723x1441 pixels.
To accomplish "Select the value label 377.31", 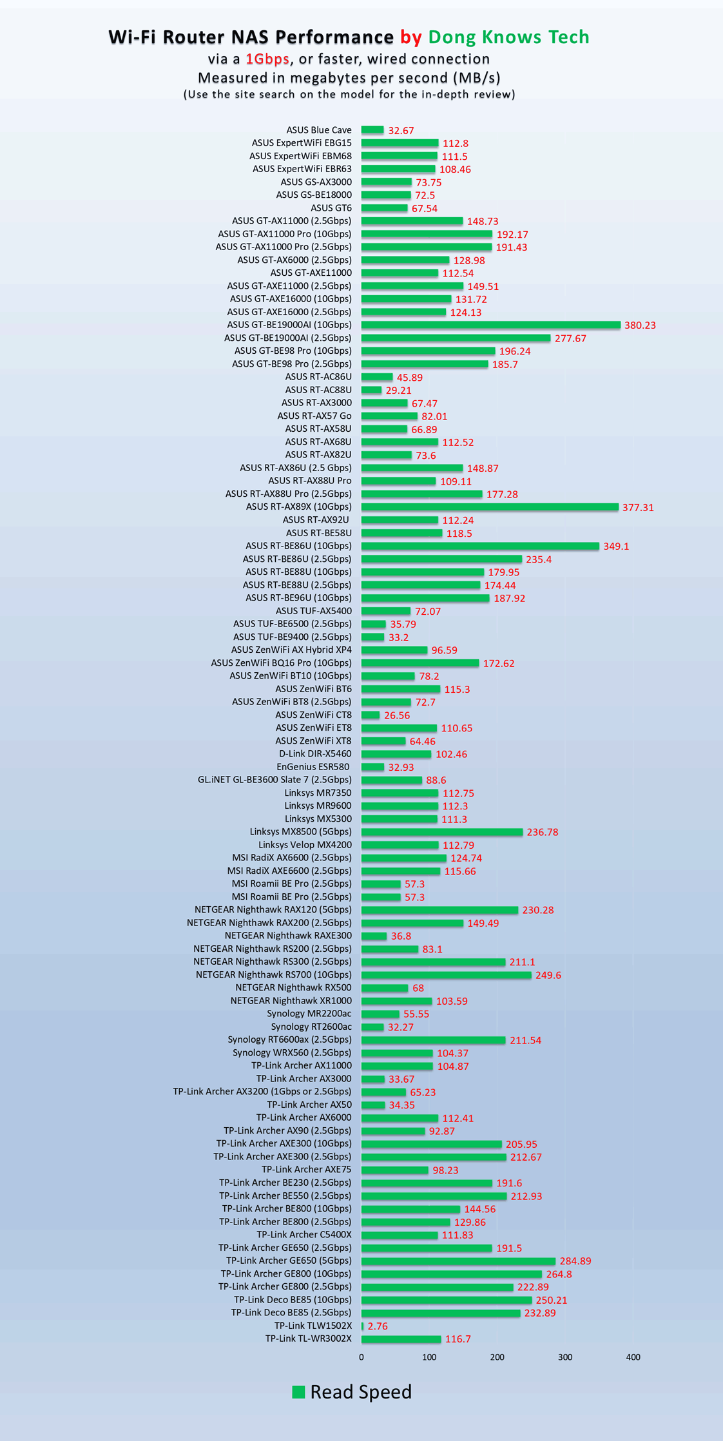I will pyautogui.click(x=638, y=507).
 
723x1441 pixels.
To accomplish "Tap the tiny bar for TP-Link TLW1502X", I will pyautogui.click(x=363, y=1326).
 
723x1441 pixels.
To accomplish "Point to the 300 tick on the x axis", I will pyautogui.click(x=565, y=1357).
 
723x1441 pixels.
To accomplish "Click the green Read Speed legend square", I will pyautogui.click(x=298, y=1391).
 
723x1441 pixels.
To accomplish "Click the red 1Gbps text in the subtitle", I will pyautogui.click(x=267, y=59).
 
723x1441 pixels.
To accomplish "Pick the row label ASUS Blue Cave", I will pyautogui.click(x=319, y=130).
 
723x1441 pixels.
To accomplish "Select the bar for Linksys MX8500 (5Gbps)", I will pyautogui.click(x=441, y=832).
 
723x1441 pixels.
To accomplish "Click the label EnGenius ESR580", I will pyautogui.click(x=313, y=767).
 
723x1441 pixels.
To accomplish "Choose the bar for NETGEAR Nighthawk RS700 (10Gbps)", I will pyautogui.click(x=446, y=975).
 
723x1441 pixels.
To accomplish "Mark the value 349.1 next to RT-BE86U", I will pyautogui.click(x=616, y=546).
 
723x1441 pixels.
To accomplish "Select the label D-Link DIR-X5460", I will pyautogui.click(x=315, y=754).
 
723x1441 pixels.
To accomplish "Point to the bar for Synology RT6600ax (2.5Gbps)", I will pyautogui.click(x=433, y=1040).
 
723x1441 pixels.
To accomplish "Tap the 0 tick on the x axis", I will pyautogui.click(x=361, y=1357).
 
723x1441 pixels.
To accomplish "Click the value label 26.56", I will pyautogui.click(x=397, y=715).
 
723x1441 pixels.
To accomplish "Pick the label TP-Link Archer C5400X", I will pyautogui.click(x=304, y=1235).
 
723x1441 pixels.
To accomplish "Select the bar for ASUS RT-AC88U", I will pyautogui.click(x=371, y=390).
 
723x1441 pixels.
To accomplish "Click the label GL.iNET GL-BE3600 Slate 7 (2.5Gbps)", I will pyautogui.click(x=275, y=780).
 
